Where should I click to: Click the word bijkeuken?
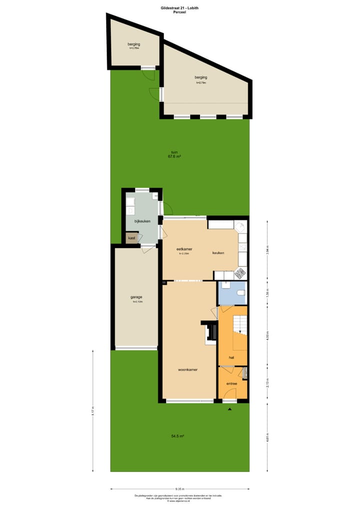142,220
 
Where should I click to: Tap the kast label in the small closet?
131,238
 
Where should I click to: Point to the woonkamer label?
187,370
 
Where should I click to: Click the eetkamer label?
184,248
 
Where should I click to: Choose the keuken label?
218,253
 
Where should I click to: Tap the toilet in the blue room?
240,292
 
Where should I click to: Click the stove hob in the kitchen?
241,273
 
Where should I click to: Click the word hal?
231,358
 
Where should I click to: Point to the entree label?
231,383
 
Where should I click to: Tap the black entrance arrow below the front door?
230,409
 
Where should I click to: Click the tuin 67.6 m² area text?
174,154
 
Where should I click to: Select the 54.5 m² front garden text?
177,436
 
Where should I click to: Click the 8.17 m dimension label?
92,411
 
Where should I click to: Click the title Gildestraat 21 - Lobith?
179,7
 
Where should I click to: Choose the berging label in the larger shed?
201,77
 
